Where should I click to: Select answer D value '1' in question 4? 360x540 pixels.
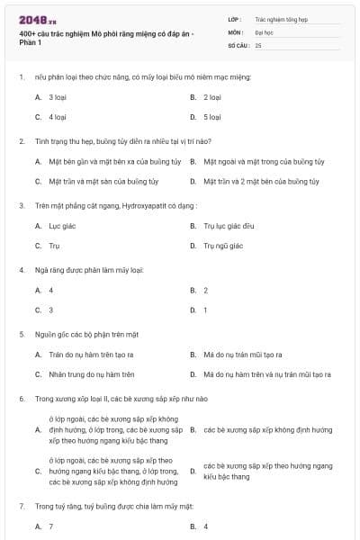tap(205, 310)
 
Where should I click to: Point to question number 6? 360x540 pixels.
tap(21, 398)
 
